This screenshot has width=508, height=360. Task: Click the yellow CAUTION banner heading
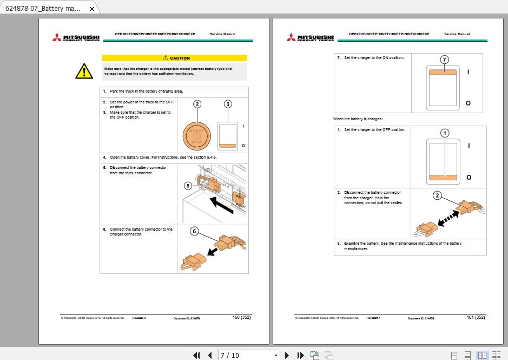pos(174,58)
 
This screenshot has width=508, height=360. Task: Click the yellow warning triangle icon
pos(84,70)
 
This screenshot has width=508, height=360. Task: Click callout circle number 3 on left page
pos(228,104)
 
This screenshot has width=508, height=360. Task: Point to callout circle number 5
pos(188,186)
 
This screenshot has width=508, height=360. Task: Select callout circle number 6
pos(195,231)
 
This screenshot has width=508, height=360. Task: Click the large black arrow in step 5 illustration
pos(222,206)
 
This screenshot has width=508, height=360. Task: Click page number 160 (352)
pos(241,317)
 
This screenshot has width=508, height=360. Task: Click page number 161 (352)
pos(476,317)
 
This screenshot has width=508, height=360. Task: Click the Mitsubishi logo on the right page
pos(310,37)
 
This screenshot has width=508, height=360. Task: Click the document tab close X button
pos(92,9)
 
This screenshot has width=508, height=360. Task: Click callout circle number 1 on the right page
pos(445,133)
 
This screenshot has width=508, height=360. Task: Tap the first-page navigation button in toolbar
pos(197,355)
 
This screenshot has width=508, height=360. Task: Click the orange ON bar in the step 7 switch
pos(444,71)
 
